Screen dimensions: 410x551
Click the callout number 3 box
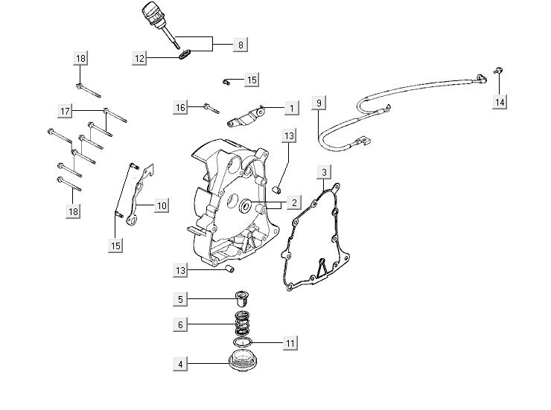tap(323, 173)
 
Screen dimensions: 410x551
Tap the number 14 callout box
tap(499, 101)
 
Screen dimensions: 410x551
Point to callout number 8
tap(240, 45)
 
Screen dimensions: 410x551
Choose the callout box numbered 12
tap(140, 57)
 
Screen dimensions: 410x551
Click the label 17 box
tap(66, 110)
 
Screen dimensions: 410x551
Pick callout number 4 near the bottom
tap(179, 364)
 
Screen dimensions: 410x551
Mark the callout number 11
tap(290, 343)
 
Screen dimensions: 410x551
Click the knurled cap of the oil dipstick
tap(152, 14)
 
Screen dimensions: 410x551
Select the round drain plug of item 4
tap(241, 366)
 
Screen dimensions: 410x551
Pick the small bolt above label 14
tap(498, 71)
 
